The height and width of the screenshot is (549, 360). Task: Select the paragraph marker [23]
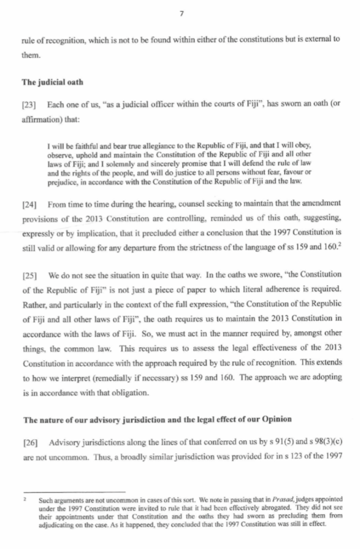[x=29, y=103]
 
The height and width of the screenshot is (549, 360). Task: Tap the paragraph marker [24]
[x=29, y=204]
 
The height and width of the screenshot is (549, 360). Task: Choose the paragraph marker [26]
[x=29, y=442]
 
